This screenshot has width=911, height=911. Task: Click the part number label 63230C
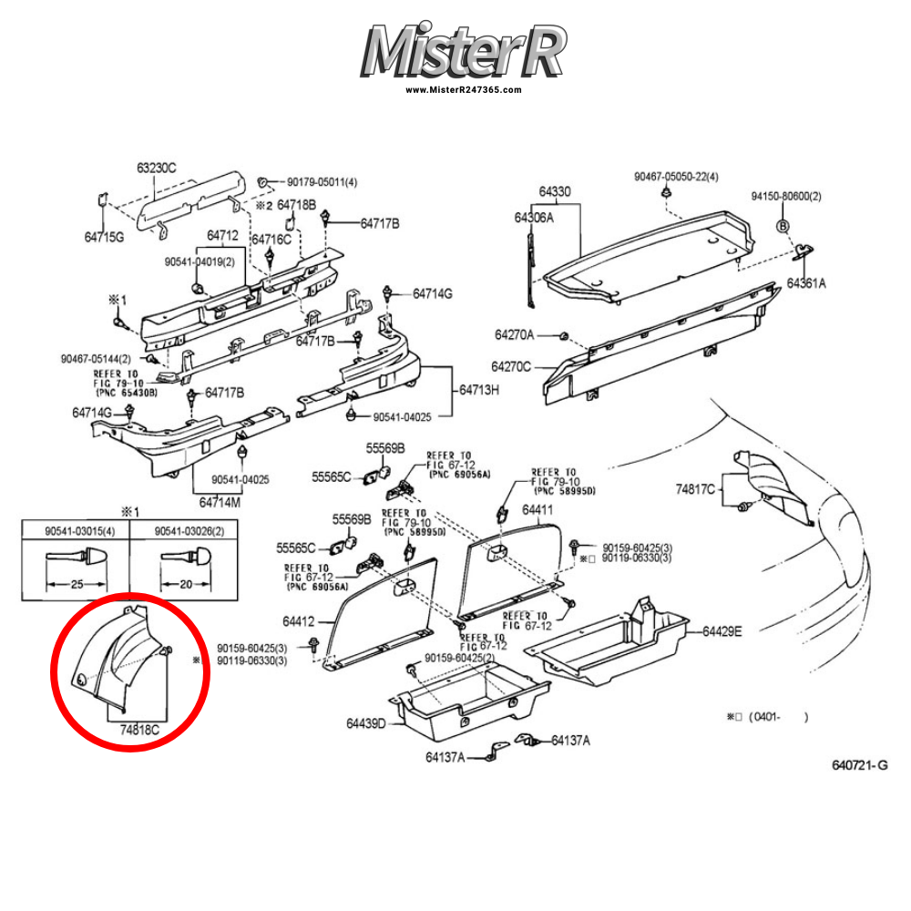click(x=157, y=168)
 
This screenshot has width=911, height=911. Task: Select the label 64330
click(x=554, y=192)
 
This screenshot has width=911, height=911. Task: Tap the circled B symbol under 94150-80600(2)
click(x=782, y=225)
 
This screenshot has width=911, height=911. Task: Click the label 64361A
click(x=807, y=283)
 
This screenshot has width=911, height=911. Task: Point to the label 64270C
click(x=513, y=366)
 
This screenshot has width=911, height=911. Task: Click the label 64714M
click(x=220, y=502)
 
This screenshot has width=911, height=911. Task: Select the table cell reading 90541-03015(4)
click(x=76, y=531)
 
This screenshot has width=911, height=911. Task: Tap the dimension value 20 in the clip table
click(x=185, y=584)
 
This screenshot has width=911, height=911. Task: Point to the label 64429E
click(x=722, y=631)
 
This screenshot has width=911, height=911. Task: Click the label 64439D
click(x=366, y=724)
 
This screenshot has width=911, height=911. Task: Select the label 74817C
click(x=695, y=490)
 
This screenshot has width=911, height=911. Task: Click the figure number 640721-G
click(x=859, y=765)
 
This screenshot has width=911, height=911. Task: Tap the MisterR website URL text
click(x=463, y=90)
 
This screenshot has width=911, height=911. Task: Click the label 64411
click(x=537, y=511)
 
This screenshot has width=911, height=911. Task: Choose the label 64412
click(x=298, y=622)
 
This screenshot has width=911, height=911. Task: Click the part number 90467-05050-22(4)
click(x=677, y=176)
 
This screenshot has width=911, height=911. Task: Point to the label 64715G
click(x=104, y=237)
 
